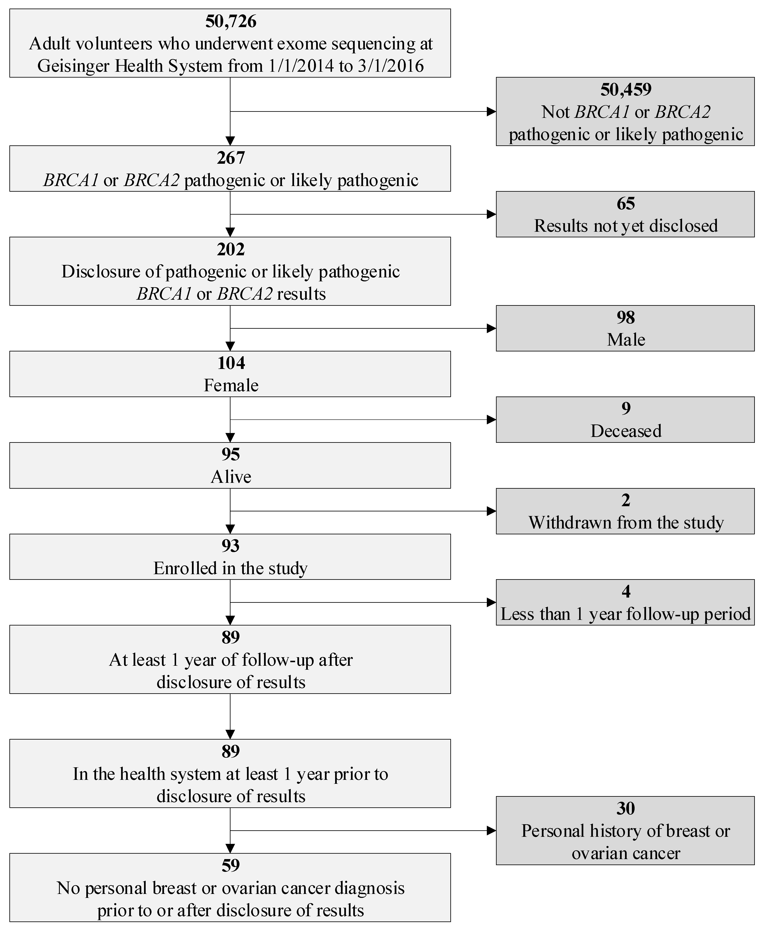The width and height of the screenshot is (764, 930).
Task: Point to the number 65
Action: click(625, 203)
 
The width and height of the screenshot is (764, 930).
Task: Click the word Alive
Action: click(231, 477)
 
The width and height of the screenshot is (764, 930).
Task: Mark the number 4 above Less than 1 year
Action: click(625, 591)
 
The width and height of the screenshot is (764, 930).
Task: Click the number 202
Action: click(231, 249)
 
